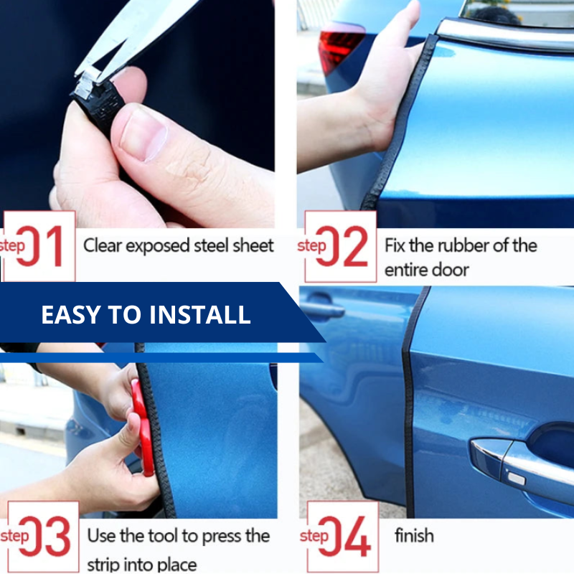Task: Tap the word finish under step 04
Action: [x=414, y=535]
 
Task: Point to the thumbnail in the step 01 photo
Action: [x=141, y=133]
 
